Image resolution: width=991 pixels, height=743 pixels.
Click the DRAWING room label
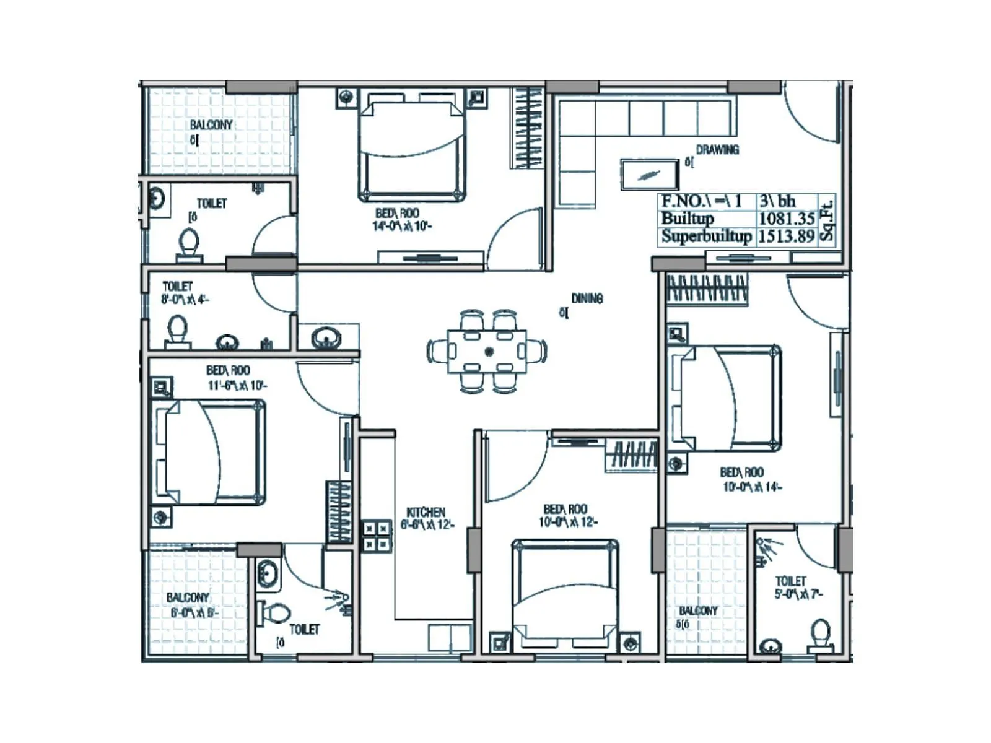click(x=717, y=149)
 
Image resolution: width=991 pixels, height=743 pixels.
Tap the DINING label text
click(x=587, y=298)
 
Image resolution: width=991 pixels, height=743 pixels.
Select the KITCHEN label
click(x=426, y=512)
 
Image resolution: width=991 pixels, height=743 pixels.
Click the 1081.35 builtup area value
click(x=787, y=219)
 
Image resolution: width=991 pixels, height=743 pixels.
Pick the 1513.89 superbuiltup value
click(x=787, y=236)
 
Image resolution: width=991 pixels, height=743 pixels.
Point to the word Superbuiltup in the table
click(x=706, y=236)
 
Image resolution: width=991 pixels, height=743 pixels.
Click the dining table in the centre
click(x=487, y=351)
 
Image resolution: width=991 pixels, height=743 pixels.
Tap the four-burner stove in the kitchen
click(x=377, y=536)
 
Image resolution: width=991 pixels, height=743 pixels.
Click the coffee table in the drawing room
click(x=650, y=174)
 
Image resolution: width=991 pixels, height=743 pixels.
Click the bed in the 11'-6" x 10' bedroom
click(x=208, y=452)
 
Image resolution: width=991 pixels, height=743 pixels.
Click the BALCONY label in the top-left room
click(x=211, y=125)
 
